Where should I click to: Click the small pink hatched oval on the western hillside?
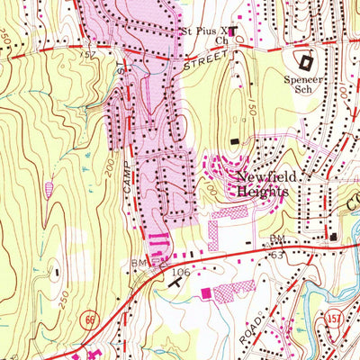(48, 190)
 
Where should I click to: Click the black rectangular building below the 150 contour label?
(236, 140)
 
